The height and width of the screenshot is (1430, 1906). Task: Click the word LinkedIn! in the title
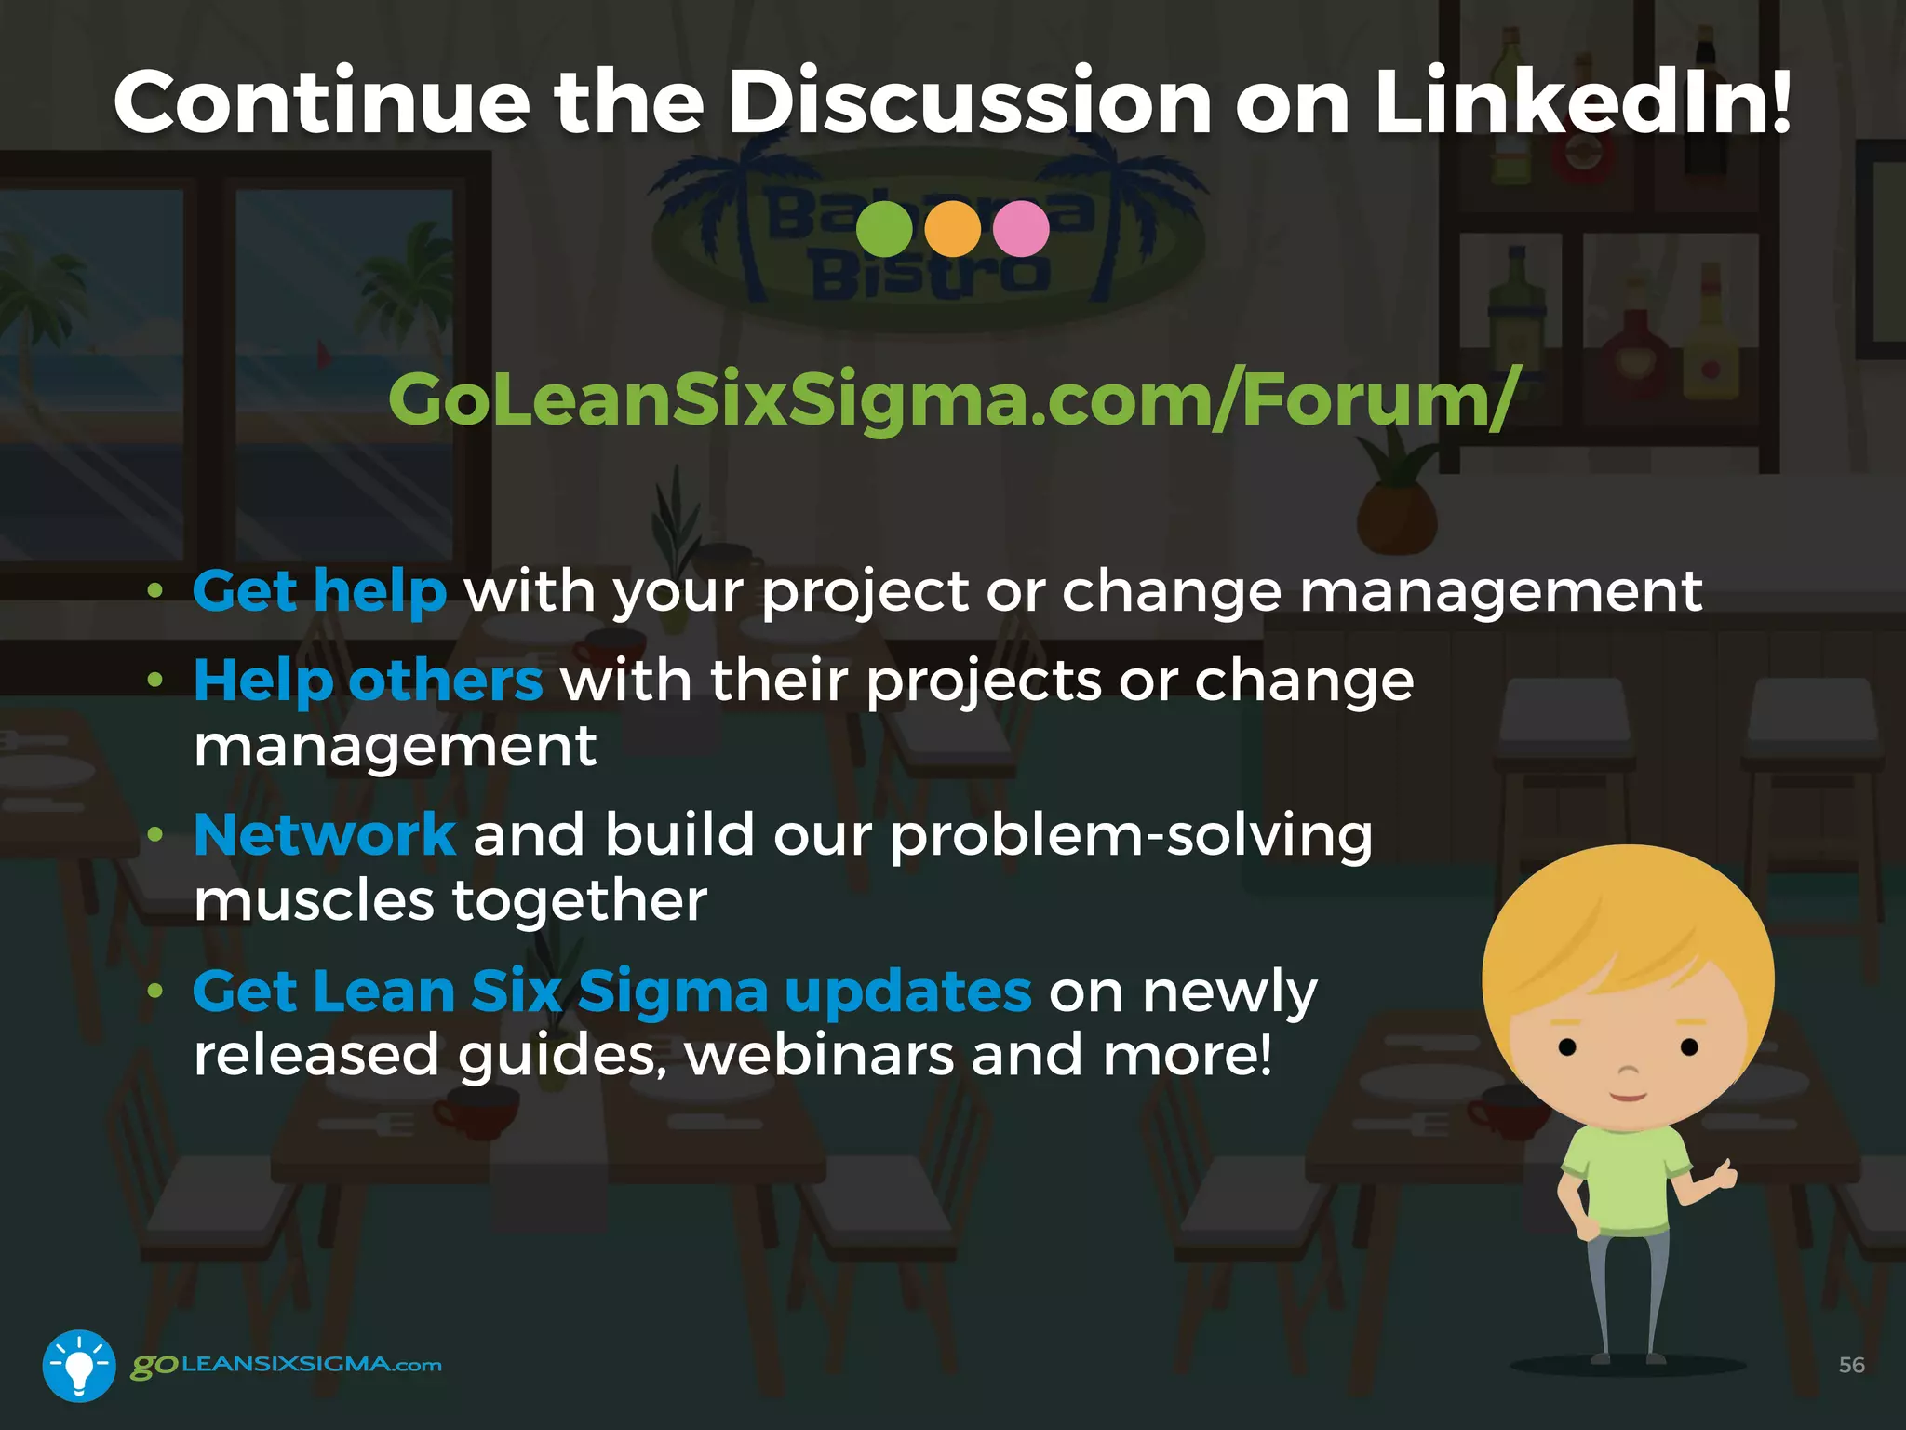(1582, 102)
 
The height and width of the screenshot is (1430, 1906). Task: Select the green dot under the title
(884, 229)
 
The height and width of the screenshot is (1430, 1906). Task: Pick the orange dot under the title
(953, 229)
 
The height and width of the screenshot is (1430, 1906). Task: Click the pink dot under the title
(1021, 229)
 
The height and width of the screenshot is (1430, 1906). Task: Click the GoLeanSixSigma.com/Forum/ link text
(953, 400)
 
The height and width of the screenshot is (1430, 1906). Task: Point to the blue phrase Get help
(319, 592)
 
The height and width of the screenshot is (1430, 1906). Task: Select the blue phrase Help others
(368, 681)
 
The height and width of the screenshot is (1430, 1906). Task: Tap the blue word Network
(325, 835)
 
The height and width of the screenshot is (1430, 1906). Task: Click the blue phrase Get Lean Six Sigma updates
(611, 992)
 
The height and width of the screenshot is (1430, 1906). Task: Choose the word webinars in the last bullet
(819, 1056)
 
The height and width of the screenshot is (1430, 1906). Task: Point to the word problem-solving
(1131, 835)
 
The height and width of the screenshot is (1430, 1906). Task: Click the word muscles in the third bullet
(314, 901)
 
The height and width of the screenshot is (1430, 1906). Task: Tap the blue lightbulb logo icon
(79, 1365)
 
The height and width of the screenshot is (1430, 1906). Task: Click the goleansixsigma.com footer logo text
(286, 1365)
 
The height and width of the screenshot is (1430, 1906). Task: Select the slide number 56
(1851, 1365)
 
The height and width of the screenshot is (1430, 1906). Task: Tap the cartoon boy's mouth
(1629, 1097)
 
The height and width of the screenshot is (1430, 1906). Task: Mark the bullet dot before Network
(155, 835)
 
